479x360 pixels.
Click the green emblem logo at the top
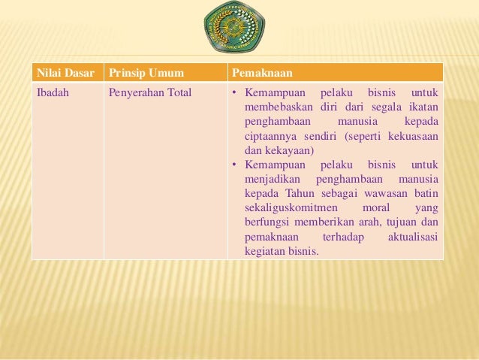pos(234,30)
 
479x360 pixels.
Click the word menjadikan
pos(271,179)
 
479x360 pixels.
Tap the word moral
pos(376,207)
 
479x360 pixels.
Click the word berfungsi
pos(268,222)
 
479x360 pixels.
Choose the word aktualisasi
pos(414,237)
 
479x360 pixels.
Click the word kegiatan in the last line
pos(264,251)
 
